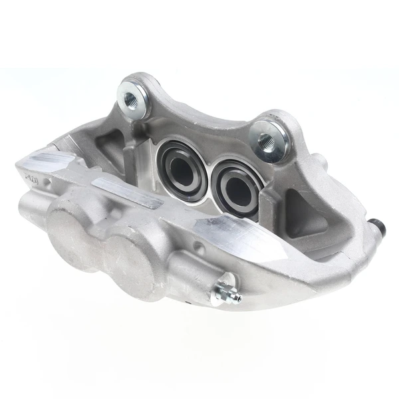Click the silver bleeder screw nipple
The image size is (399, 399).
point(229,295)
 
